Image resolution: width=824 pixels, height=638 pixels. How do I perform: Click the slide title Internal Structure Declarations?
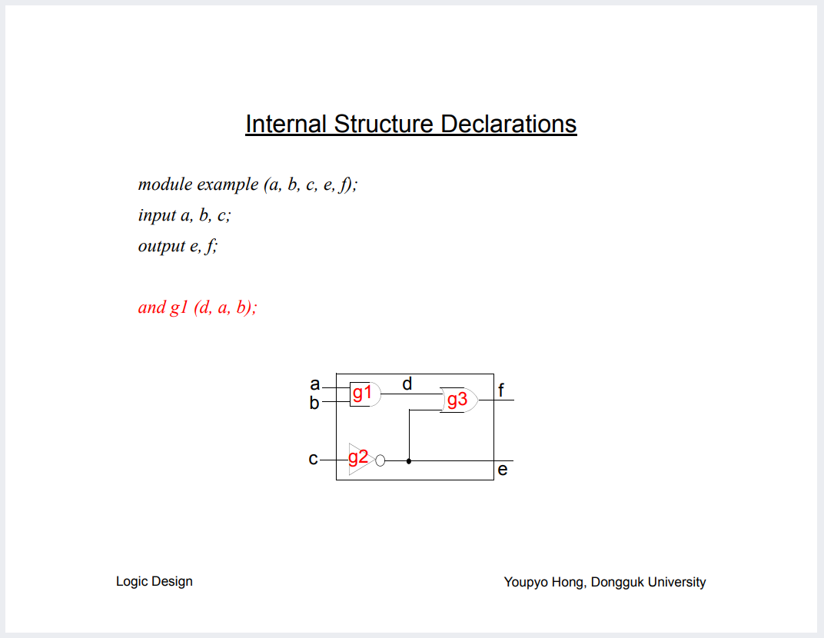[x=410, y=124]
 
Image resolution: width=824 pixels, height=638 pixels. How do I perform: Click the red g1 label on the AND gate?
[x=362, y=394]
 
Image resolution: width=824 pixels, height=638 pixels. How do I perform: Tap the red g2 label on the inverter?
[x=358, y=458]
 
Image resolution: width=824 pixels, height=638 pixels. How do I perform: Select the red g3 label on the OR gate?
[x=457, y=400]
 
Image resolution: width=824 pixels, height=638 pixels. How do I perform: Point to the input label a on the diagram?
[x=314, y=384]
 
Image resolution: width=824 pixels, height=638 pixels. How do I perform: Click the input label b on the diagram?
[x=314, y=403]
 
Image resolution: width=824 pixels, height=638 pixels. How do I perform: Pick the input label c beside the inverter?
[x=313, y=460]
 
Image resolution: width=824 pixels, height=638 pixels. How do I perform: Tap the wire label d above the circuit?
[x=407, y=383]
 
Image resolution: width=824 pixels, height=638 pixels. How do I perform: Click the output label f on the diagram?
[x=501, y=390]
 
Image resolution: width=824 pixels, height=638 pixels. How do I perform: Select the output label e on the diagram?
[x=503, y=470]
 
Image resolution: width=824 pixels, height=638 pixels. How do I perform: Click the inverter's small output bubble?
[x=380, y=460]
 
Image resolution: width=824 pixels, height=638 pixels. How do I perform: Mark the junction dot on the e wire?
[x=409, y=461]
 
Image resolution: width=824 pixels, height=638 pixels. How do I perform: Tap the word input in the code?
[x=157, y=215]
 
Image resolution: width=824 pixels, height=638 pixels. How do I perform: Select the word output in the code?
[x=161, y=246]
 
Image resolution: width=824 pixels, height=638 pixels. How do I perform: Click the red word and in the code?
[x=151, y=307]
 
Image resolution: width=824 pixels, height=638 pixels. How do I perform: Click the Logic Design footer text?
[x=154, y=581]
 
